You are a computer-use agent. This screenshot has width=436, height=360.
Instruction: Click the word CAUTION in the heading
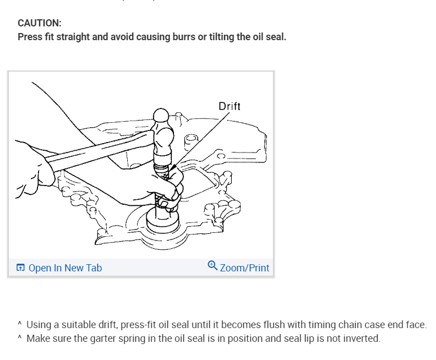[39, 23]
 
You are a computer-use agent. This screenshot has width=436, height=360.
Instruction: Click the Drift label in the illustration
[229, 106]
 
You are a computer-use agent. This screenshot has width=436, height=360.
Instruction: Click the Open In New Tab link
[64, 268]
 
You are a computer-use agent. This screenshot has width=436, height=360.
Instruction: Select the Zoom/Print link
[244, 268]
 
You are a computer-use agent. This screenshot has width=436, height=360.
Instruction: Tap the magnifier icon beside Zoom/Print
[212, 266]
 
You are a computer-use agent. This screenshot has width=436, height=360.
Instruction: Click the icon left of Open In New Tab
[20, 268]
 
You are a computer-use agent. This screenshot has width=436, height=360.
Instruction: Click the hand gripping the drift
[165, 190]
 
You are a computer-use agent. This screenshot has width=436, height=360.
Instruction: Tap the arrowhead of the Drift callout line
[172, 168]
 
